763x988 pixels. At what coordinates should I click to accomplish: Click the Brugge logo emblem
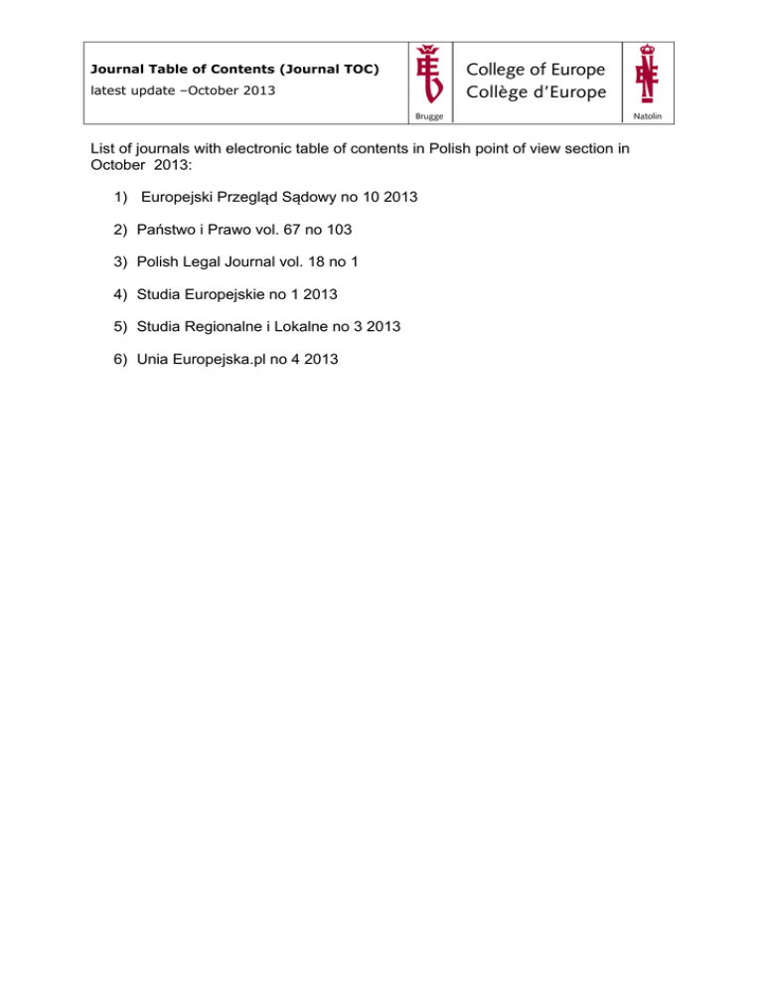coord(429,74)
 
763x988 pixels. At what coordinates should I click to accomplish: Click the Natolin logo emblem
coord(648,74)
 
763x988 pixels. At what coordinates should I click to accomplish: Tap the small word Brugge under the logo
coord(428,117)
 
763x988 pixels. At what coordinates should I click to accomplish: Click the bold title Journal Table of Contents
coord(234,71)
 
